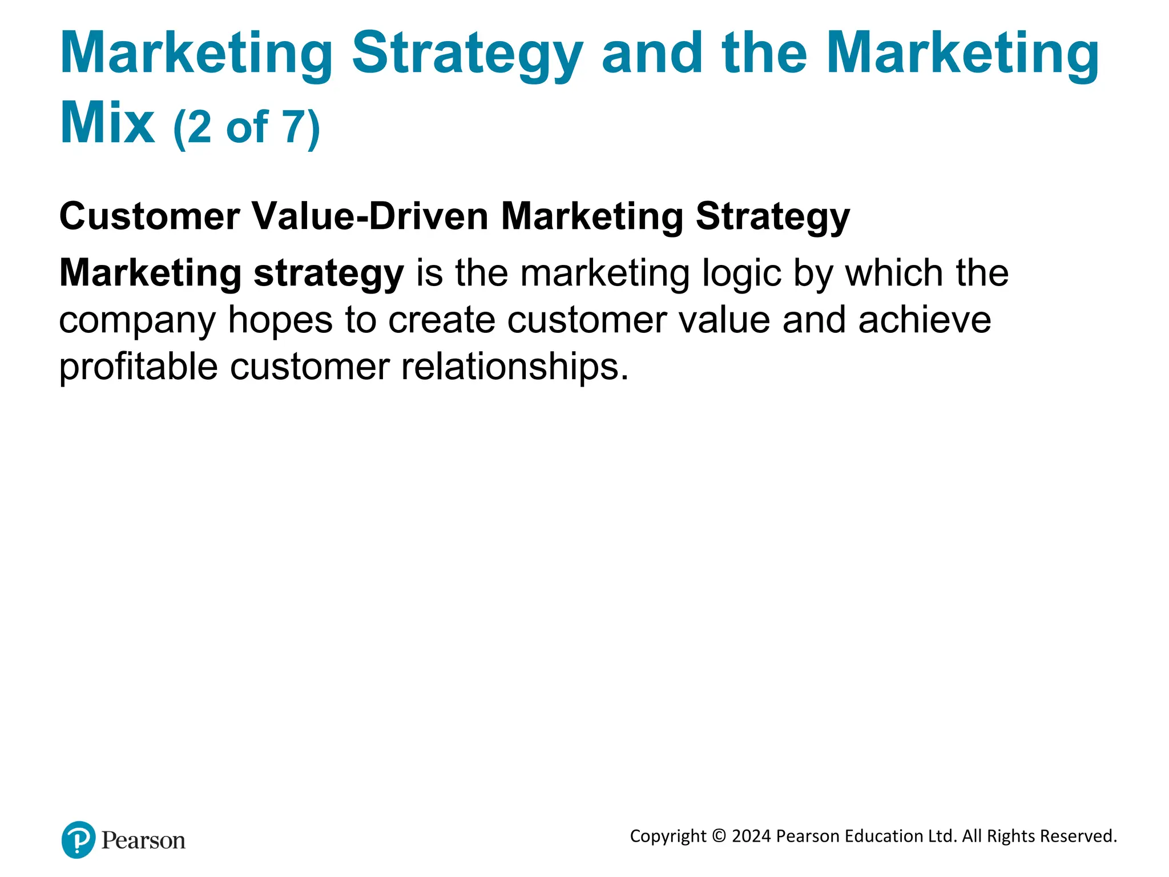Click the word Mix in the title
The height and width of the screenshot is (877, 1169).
(x=107, y=123)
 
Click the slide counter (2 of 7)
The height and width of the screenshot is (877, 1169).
(x=247, y=127)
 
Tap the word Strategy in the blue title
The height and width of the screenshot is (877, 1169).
(x=467, y=55)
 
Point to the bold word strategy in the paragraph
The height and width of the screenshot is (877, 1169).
(x=328, y=274)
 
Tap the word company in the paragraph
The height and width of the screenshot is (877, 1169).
(x=137, y=321)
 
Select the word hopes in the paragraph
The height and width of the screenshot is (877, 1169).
(x=280, y=320)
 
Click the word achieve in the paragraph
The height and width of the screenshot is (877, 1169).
(x=925, y=320)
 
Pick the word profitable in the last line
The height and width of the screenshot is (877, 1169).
(x=138, y=367)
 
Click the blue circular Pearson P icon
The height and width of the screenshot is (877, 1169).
(x=78, y=839)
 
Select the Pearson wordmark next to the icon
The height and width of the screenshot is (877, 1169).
(x=143, y=840)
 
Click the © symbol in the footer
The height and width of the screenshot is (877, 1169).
(x=719, y=836)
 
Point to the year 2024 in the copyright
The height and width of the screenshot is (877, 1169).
(x=751, y=836)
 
